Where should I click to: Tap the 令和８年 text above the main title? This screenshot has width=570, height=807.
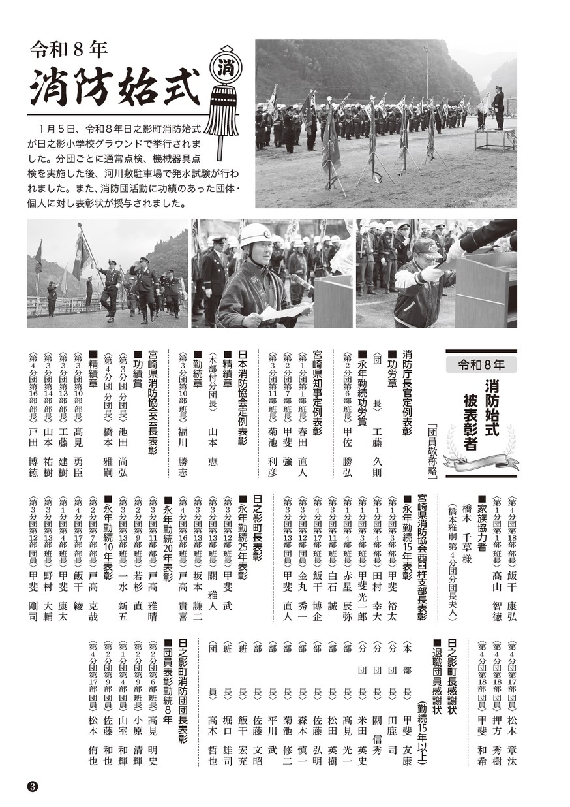(68, 48)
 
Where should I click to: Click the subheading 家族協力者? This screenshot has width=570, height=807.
(482, 522)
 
